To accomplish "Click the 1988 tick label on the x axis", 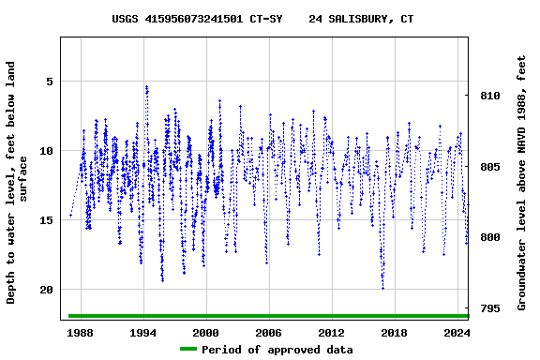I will coord(80,333).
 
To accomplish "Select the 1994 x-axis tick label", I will coord(142,333).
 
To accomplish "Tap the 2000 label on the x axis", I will coord(205,333).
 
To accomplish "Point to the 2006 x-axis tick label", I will coord(268,333).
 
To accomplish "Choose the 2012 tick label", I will coord(331,333).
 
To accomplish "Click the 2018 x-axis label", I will coord(394,333).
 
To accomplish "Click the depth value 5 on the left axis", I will coord(49,82).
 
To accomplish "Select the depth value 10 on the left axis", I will coord(45,151).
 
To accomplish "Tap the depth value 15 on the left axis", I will coord(45,220).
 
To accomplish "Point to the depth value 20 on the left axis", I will coord(45,290).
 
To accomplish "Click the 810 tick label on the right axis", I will coord(489,97).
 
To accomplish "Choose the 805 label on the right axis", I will coord(489,167).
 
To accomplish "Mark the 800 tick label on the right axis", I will coord(489,238).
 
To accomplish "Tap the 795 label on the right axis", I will coord(489,308).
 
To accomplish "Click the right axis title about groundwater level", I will coord(521,183).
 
